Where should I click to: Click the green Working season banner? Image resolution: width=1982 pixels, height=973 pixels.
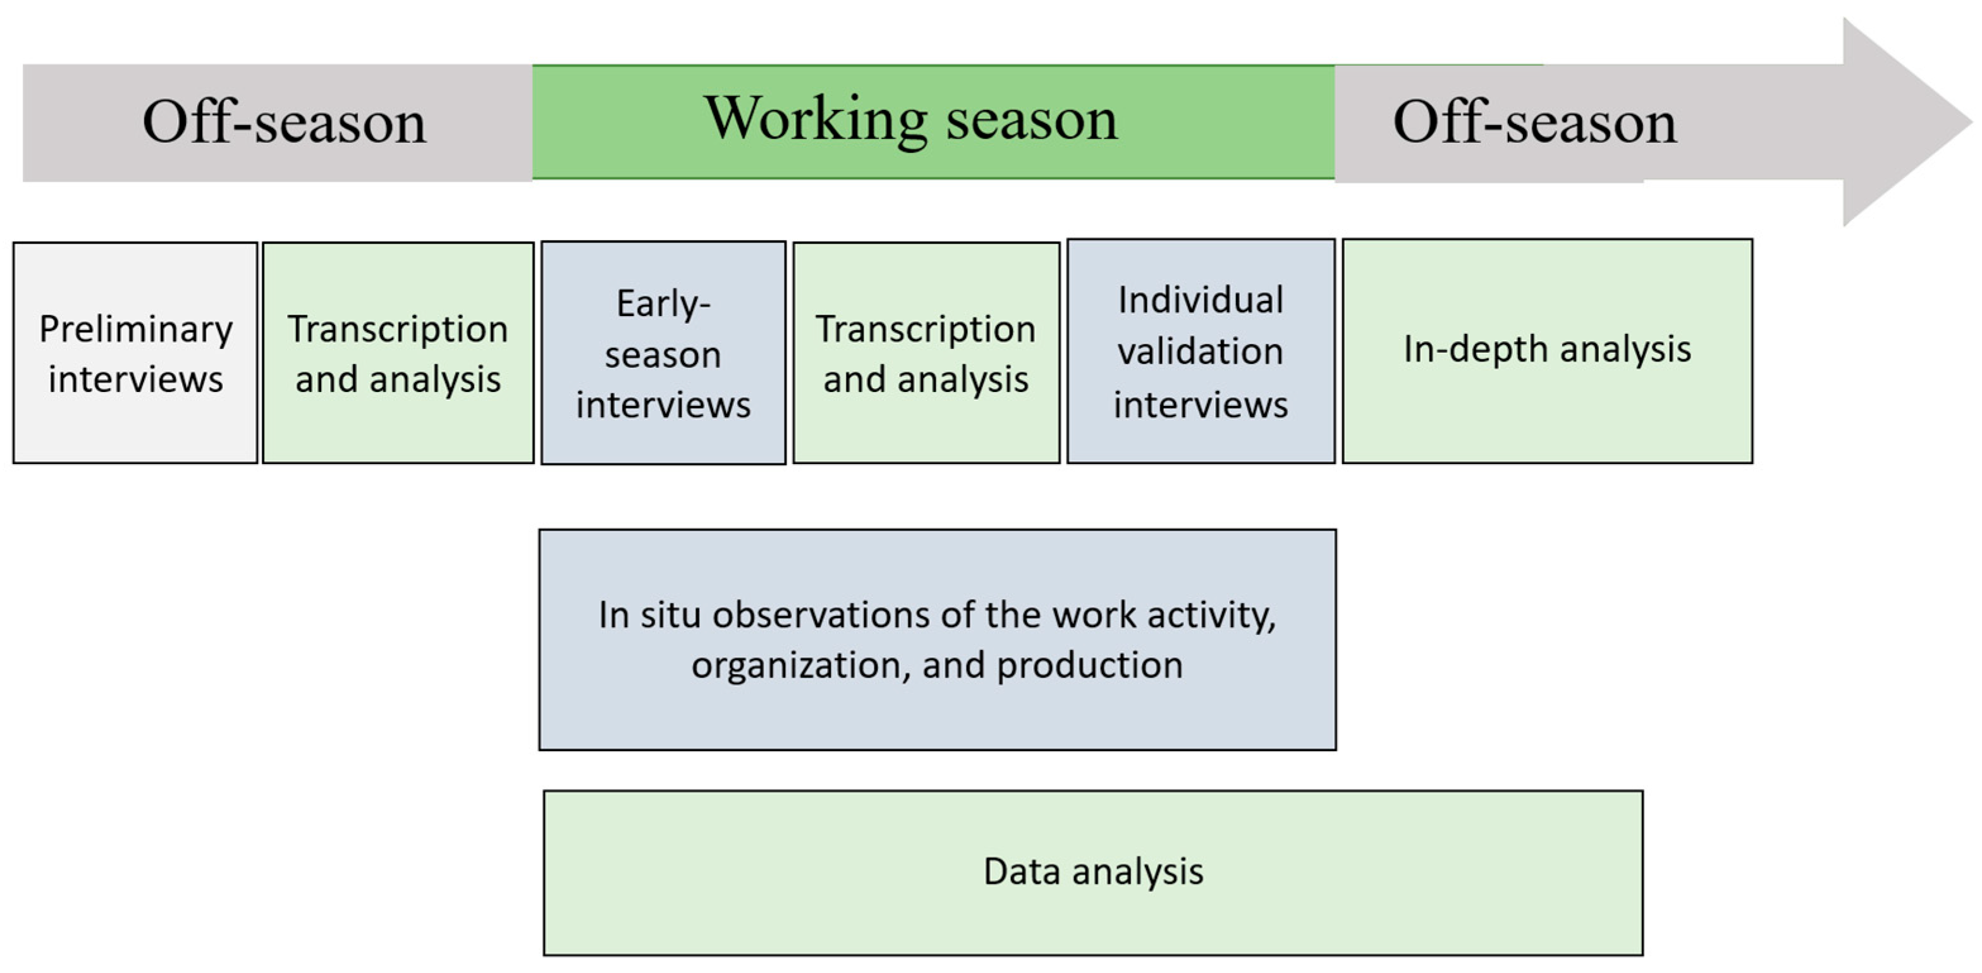(933, 122)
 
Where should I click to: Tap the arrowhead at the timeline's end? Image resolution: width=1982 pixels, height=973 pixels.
(1900, 122)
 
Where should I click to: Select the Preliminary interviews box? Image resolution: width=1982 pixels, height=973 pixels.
(135, 353)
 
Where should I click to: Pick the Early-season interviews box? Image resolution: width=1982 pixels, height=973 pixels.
(663, 353)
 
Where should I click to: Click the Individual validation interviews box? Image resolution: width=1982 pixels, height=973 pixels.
(1201, 352)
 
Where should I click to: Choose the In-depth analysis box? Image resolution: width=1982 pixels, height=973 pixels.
(1547, 352)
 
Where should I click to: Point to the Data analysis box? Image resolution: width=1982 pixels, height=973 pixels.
(1093, 873)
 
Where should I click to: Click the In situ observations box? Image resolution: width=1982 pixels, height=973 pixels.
(937, 639)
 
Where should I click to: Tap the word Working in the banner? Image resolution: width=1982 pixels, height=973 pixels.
(816, 120)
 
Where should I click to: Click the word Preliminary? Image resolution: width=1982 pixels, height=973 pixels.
(136, 330)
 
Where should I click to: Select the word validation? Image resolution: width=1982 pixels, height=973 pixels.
(1201, 352)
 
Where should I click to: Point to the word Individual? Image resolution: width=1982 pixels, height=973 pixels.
(1201, 300)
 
